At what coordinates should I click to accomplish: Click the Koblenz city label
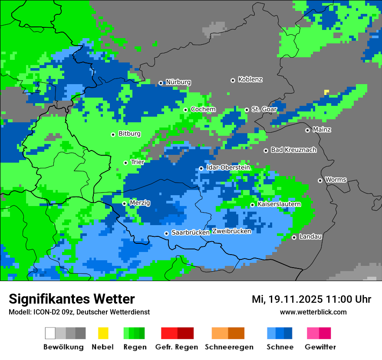[250, 80]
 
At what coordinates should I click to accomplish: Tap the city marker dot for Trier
[125, 163]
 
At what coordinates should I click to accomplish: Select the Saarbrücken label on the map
[191, 233]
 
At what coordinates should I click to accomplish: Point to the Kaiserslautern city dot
[252, 205]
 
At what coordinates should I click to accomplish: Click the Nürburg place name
[178, 82]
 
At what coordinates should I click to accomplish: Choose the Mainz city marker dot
[307, 130]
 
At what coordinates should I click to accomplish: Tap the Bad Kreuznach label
[293, 150]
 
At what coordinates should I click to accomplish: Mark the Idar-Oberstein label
[228, 168]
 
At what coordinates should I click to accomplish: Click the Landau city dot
[294, 237]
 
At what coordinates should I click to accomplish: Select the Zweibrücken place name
[231, 231]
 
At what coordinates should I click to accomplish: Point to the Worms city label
[336, 180]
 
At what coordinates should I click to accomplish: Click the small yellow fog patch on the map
[326, 92]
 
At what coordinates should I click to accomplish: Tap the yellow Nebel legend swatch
[103, 333]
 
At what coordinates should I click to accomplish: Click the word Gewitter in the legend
[320, 347]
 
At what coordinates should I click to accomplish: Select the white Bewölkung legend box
[50, 333]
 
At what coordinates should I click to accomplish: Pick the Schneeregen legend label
[229, 347]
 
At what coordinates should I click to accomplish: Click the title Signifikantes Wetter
[72, 299]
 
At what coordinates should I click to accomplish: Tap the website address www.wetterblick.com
[313, 312]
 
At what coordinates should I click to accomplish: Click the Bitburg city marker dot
[113, 134]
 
